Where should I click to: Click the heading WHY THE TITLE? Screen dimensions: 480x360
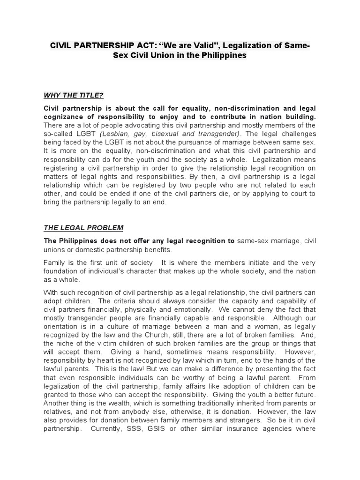click(73, 96)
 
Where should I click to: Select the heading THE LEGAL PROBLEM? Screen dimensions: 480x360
click(83, 228)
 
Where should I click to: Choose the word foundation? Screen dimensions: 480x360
click(63, 271)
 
